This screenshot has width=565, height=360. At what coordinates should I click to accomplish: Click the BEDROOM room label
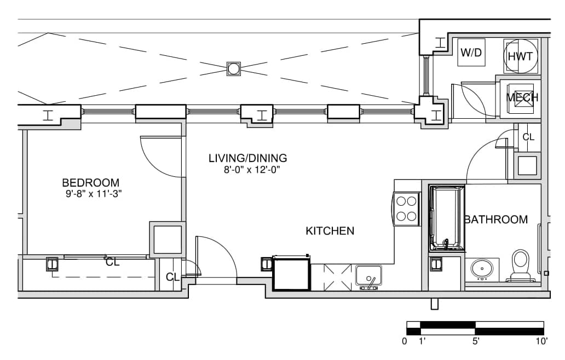[x=90, y=183]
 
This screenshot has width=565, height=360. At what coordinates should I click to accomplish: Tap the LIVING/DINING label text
[x=248, y=158]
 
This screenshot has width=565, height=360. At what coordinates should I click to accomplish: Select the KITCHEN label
[x=330, y=231]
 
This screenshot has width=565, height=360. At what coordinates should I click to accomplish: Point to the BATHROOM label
[x=496, y=219]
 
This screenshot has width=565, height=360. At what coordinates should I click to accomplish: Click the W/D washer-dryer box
[x=471, y=53]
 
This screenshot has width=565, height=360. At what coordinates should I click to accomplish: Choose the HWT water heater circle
[x=520, y=56]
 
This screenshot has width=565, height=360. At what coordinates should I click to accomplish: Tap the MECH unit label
[x=522, y=97]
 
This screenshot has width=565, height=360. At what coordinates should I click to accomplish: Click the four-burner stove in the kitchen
[x=407, y=210]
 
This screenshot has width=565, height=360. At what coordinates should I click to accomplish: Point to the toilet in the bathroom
[x=520, y=265]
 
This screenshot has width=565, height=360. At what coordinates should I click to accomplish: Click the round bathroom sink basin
[x=482, y=268]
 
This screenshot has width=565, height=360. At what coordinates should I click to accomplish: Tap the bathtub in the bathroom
[x=446, y=218]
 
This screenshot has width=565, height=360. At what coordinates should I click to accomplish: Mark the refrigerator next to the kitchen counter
[x=291, y=273]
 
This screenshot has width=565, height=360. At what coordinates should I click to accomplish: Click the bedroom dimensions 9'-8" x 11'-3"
[x=94, y=194]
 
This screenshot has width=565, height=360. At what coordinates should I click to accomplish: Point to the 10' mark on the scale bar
[x=541, y=341]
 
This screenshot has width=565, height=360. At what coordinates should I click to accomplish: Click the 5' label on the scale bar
[x=476, y=341]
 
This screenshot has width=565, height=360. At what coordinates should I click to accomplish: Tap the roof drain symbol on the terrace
[x=233, y=68]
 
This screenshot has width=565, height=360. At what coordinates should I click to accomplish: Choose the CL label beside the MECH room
[x=528, y=137]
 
